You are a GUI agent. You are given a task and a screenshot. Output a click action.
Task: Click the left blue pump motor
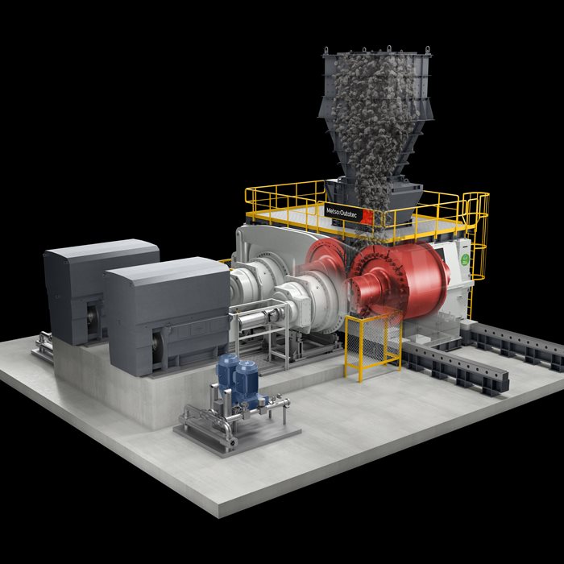[x=229, y=370]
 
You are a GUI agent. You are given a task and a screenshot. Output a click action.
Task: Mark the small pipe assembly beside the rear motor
[x=42, y=346]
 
